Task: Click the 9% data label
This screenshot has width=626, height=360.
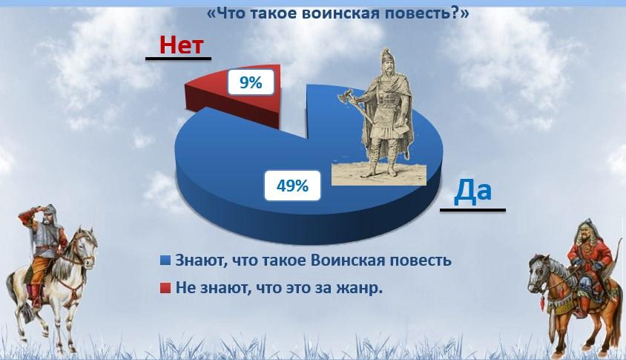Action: tap(251, 82)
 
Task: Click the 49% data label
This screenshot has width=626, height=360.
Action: tap(292, 186)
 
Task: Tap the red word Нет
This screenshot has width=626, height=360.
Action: tap(182, 45)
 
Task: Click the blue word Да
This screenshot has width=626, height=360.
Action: tap(472, 191)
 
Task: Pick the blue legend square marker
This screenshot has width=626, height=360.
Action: tap(165, 261)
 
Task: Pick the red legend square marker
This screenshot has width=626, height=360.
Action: tap(165, 288)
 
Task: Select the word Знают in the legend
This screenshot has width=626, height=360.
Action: tap(196, 261)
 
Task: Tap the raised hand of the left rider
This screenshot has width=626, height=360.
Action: tap(29, 211)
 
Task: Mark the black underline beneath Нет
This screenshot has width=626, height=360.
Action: tap(178, 59)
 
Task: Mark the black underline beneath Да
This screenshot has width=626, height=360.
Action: tap(472, 210)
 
